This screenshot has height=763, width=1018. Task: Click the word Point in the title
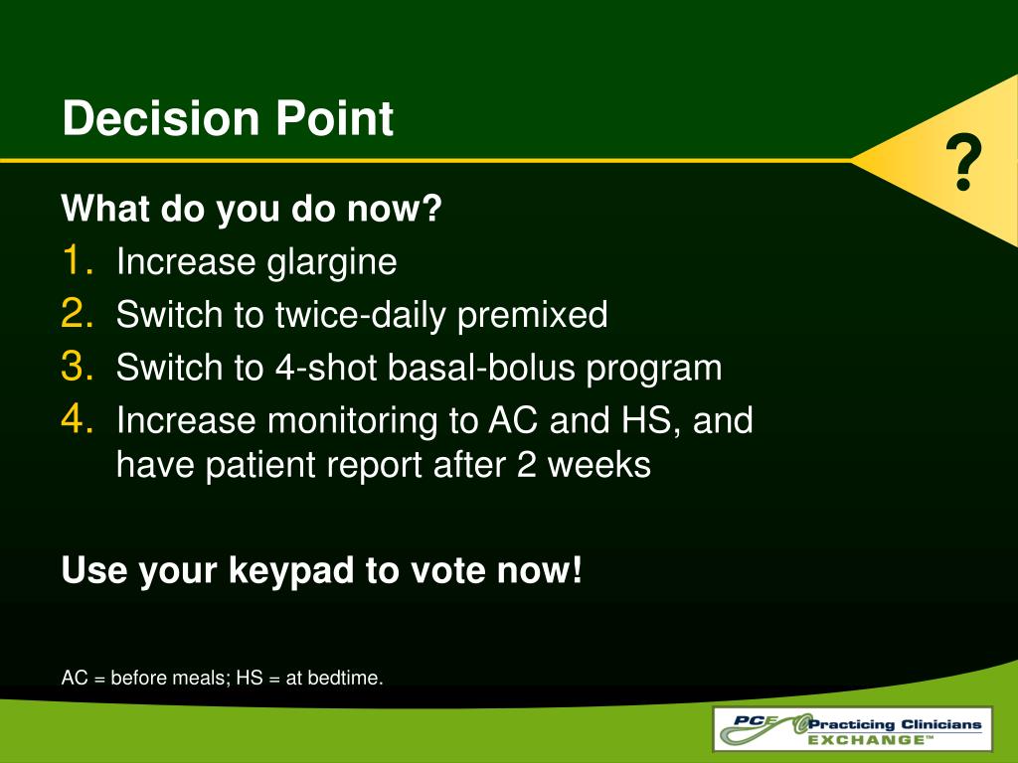click(334, 118)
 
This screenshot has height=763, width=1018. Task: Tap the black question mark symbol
click(963, 162)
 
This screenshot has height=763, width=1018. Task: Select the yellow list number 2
click(78, 313)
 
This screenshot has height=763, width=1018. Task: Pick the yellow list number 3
click(78, 366)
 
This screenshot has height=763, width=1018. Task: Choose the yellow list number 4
click(78, 419)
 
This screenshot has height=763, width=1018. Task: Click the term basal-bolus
click(482, 368)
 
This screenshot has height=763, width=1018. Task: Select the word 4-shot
click(326, 368)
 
